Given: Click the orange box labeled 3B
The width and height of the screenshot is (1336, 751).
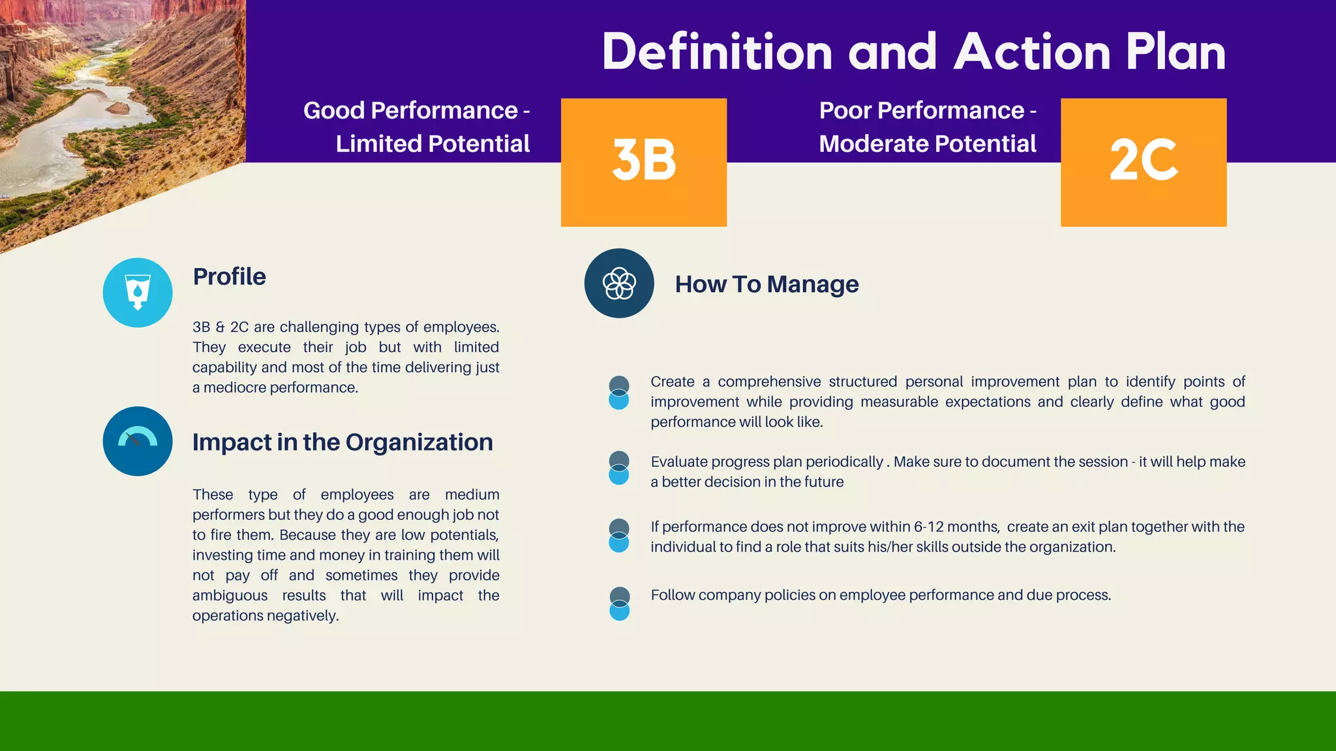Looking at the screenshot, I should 643,162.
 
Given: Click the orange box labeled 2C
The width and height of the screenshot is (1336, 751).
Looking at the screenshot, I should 1143,162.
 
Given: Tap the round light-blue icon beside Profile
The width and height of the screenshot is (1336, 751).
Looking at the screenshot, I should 138,293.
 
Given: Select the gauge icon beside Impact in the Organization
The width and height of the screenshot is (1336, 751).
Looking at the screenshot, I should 138,441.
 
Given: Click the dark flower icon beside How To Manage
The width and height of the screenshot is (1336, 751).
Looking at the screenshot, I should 619,283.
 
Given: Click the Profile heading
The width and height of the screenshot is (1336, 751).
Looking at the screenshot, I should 230,276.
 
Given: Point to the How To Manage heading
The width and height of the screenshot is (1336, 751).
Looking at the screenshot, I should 767,284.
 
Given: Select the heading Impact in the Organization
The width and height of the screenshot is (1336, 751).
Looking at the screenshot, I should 342,442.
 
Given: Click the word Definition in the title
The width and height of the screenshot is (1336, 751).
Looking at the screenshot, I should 717,52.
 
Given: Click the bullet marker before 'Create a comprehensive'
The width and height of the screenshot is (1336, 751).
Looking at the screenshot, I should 618,392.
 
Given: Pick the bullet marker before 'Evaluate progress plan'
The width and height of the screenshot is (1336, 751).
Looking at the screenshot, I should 618,468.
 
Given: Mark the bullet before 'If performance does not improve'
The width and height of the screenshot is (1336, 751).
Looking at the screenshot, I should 618,535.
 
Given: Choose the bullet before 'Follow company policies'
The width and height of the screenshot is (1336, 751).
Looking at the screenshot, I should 619,604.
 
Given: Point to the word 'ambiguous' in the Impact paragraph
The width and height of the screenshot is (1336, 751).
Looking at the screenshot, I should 230,595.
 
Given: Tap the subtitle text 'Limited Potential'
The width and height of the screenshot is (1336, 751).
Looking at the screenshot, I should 433,144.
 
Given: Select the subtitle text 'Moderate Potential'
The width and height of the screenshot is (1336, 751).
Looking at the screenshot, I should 927,144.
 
